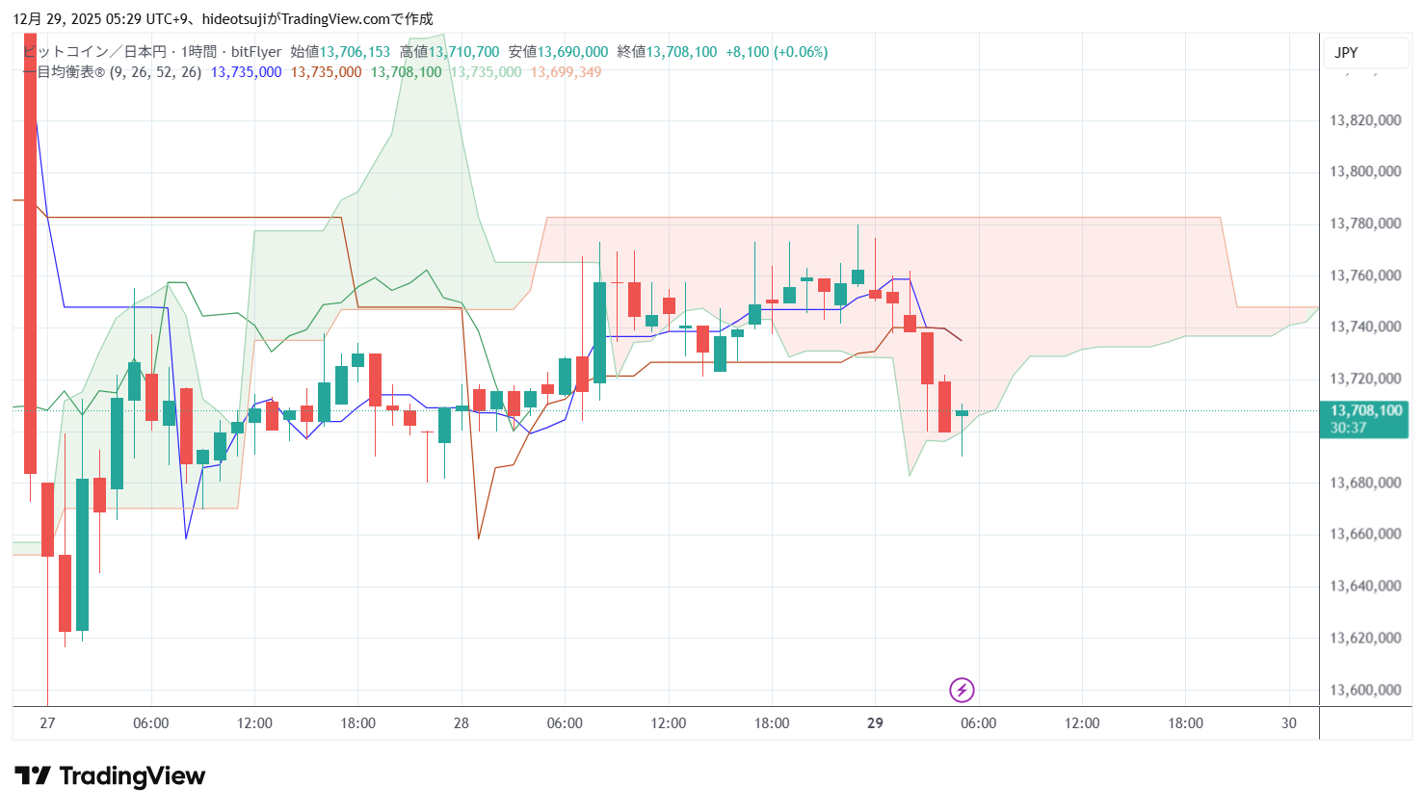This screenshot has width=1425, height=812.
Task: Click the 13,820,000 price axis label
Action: pos(1365,120)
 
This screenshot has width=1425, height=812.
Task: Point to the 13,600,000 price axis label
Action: pos(1365,690)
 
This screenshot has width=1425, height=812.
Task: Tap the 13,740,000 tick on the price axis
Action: pos(1365,327)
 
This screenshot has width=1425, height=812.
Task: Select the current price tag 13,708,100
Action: pos(1365,411)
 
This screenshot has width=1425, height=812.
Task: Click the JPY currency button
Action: pos(1346,53)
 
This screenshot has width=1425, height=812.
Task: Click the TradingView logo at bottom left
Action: pos(110,776)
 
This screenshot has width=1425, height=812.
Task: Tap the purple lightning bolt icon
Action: pos(962,690)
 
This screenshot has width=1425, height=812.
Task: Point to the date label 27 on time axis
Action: pos(47,723)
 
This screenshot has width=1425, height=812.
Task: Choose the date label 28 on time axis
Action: pos(462,723)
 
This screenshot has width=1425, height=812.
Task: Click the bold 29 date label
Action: pos(875,723)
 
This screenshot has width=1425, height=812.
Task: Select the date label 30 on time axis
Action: pos(1289,723)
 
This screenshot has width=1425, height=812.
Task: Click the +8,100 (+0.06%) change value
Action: pos(777,52)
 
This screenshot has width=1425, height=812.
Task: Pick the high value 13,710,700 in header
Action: pos(463,52)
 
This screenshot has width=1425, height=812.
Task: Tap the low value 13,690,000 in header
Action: pos(572,52)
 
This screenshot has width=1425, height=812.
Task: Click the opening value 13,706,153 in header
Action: pos(355,52)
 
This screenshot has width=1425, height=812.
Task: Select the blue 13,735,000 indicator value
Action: pos(246,72)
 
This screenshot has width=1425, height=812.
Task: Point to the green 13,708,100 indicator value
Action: pos(406,72)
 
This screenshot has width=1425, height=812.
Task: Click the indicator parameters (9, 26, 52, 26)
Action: pos(155,72)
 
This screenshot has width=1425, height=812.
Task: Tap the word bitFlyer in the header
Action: pos(256,52)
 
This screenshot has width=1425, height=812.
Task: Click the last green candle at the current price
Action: pos(962,413)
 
